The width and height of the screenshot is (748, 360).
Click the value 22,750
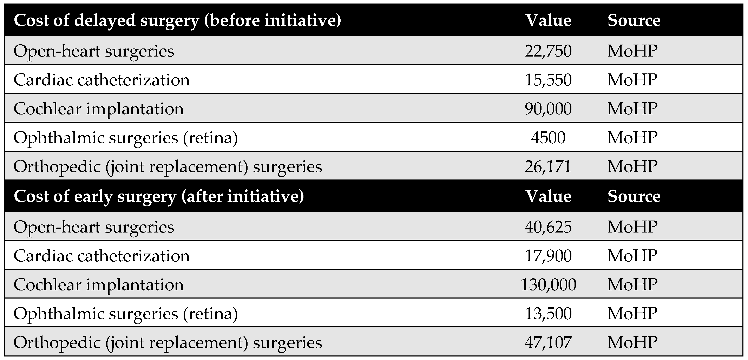[548, 51]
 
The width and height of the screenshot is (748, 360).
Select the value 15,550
[548, 80]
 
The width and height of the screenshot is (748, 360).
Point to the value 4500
[548, 137]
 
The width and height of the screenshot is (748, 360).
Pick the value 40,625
[548, 227]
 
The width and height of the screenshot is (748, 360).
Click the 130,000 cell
[548, 284]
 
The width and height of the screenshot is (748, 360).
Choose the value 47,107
[548, 342]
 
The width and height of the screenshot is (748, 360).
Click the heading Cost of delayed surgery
[177, 21]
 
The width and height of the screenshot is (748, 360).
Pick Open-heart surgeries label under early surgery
[94, 227]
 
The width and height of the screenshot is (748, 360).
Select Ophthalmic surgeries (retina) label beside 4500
[125, 138]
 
